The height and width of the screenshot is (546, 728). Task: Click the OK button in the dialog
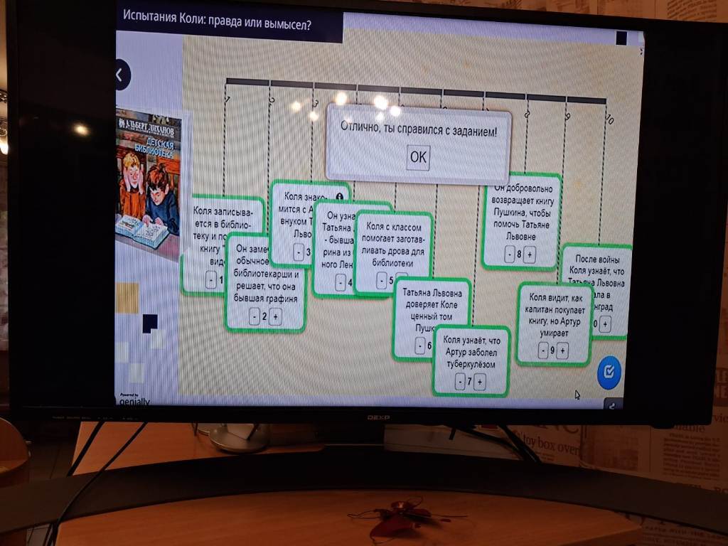point(418,157)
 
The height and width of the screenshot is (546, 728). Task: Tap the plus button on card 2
point(276,317)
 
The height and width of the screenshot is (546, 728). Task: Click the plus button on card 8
point(530,255)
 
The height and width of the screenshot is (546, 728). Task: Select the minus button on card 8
point(509,255)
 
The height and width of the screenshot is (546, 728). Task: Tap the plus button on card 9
point(562,350)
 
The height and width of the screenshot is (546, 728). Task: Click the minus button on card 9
point(543,350)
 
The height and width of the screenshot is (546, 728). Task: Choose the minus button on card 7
point(460,382)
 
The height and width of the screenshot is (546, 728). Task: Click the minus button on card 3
point(297,252)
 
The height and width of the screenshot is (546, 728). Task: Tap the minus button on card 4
point(340,283)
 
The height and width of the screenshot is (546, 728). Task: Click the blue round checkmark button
point(609,372)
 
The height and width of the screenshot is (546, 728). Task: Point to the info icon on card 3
point(339,196)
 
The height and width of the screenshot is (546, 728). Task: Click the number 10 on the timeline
point(609,119)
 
